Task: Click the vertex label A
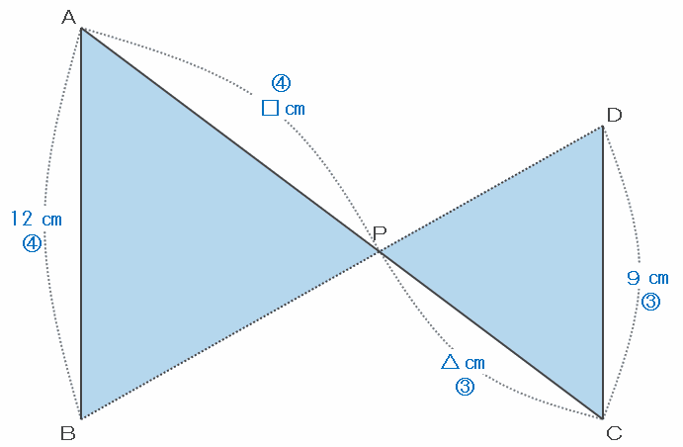[x=68, y=17]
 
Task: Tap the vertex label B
[x=67, y=432]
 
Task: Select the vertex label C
[x=614, y=432]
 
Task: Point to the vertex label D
[x=614, y=115]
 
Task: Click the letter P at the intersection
[x=380, y=233]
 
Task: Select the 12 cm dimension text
[x=36, y=218]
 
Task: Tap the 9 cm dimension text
[x=647, y=278]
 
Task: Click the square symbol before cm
[x=270, y=107]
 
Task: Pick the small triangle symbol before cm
[x=450, y=361]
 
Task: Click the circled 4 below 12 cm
[x=32, y=242]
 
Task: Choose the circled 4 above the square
[x=282, y=83]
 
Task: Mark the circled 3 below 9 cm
[x=650, y=302]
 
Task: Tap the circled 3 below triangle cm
[x=465, y=387]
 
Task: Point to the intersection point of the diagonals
[x=381, y=252]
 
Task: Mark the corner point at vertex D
[x=603, y=127]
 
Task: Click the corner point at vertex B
[x=80, y=417]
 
